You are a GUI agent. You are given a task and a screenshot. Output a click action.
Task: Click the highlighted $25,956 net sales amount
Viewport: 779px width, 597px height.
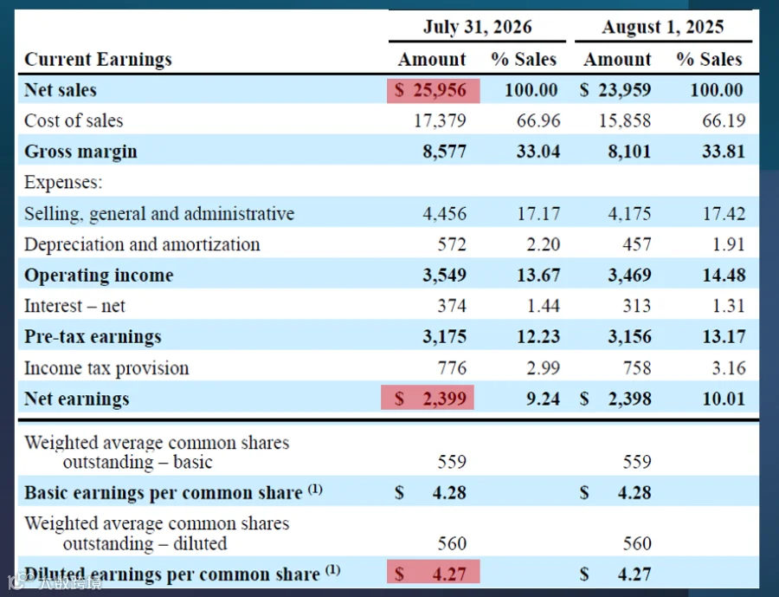coord(434,90)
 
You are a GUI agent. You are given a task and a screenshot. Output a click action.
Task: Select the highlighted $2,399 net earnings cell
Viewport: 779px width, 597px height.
coord(428,398)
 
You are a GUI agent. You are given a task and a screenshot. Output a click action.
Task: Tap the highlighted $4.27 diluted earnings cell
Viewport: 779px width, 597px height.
coord(434,572)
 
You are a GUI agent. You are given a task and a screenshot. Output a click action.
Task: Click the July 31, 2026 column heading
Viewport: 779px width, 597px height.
coord(478,27)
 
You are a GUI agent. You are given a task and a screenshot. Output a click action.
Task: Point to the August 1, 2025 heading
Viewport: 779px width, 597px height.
coord(663,27)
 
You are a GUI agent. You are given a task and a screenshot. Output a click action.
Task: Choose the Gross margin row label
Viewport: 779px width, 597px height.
coord(80,152)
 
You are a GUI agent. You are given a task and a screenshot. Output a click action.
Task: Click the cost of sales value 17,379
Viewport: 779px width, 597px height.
coord(441,120)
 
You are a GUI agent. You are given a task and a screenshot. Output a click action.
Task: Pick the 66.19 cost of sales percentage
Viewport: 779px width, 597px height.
coord(724,120)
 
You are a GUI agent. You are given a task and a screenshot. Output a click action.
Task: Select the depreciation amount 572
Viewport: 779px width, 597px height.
coord(452,244)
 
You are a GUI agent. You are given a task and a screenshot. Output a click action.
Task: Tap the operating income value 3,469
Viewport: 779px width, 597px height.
coord(629,276)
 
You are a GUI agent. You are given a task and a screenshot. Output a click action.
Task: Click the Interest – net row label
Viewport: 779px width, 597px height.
coord(74,306)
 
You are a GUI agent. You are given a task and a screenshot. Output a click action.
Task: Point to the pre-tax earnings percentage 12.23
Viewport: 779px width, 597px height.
coord(538,337)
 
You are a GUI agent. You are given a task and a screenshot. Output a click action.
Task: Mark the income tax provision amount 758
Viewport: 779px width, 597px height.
coord(637,367)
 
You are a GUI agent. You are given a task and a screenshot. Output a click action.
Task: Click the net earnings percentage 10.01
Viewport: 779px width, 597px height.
coord(724,399)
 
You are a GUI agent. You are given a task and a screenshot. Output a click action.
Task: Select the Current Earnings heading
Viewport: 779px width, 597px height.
coord(99,59)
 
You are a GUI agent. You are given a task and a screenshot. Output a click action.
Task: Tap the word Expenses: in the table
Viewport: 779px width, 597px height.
coord(63,182)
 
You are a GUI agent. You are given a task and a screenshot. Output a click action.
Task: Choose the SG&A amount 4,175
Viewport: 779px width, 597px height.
coord(629,213)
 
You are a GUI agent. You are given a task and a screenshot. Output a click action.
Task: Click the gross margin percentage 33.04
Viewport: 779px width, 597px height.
coord(538,152)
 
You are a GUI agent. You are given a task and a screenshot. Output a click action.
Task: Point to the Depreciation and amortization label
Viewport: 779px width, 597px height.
coord(142,244)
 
